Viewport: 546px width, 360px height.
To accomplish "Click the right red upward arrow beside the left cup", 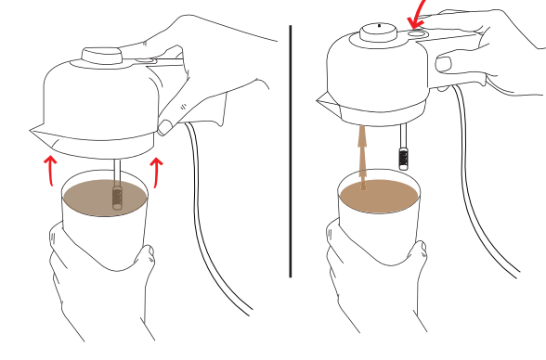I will tap(157, 172).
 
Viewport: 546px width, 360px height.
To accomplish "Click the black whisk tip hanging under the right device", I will tap(404, 157).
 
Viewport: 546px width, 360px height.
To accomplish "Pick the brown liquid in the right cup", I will tap(376, 196).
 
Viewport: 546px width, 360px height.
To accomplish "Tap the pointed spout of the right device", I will tap(320, 96).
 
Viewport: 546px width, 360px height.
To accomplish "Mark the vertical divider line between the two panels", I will tap(291, 148).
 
